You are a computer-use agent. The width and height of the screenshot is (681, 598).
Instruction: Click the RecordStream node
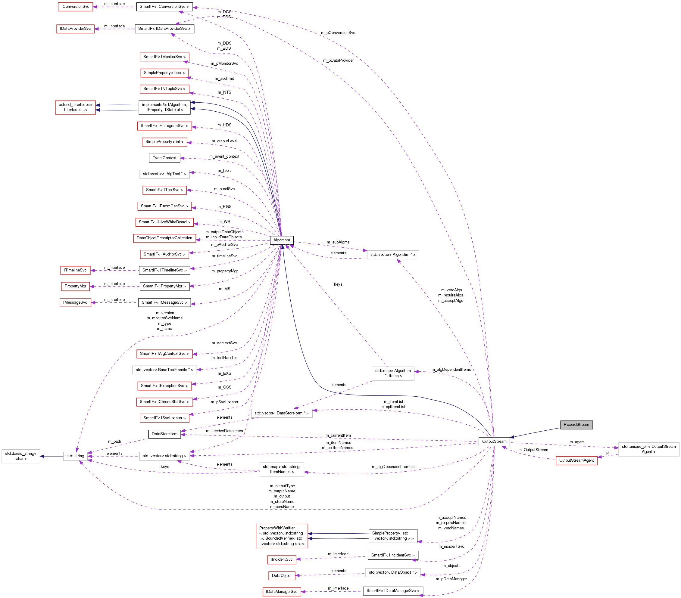tap(576, 425)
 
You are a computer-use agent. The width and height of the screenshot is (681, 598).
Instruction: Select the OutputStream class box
tap(494, 442)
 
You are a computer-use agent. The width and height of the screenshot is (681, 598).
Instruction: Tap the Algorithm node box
tap(282, 240)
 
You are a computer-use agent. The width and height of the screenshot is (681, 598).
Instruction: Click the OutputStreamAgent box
tap(576, 460)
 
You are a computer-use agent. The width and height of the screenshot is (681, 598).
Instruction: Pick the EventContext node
tap(164, 158)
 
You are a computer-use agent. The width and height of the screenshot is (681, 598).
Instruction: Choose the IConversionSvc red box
tap(75, 7)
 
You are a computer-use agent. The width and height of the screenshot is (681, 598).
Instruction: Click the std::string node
tap(75, 456)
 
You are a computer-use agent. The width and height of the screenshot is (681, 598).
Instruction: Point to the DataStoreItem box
tap(164, 434)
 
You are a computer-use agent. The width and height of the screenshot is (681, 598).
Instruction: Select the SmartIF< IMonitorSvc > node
tap(164, 57)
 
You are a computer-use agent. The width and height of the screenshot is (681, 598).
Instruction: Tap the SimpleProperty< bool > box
tap(164, 73)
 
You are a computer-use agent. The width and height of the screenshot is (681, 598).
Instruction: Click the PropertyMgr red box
tap(75, 286)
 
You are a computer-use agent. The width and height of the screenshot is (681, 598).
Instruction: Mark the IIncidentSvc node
tap(282, 559)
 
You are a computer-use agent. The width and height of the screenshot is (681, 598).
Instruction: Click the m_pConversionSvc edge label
tap(338, 33)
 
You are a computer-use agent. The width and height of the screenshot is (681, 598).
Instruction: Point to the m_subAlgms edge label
tap(338, 242)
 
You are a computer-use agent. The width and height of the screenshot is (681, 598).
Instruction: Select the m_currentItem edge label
tap(338, 435)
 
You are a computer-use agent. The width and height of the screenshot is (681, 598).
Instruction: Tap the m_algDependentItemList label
tap(393, 467)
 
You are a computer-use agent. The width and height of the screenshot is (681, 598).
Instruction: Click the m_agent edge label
tap(577, 442)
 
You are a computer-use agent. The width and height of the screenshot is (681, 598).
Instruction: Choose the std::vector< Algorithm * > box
tap(393, 255)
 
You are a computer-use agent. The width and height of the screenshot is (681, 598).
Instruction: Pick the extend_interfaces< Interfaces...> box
tap(75, 107)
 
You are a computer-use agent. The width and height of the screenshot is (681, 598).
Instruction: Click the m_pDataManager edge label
tap(451, 579)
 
